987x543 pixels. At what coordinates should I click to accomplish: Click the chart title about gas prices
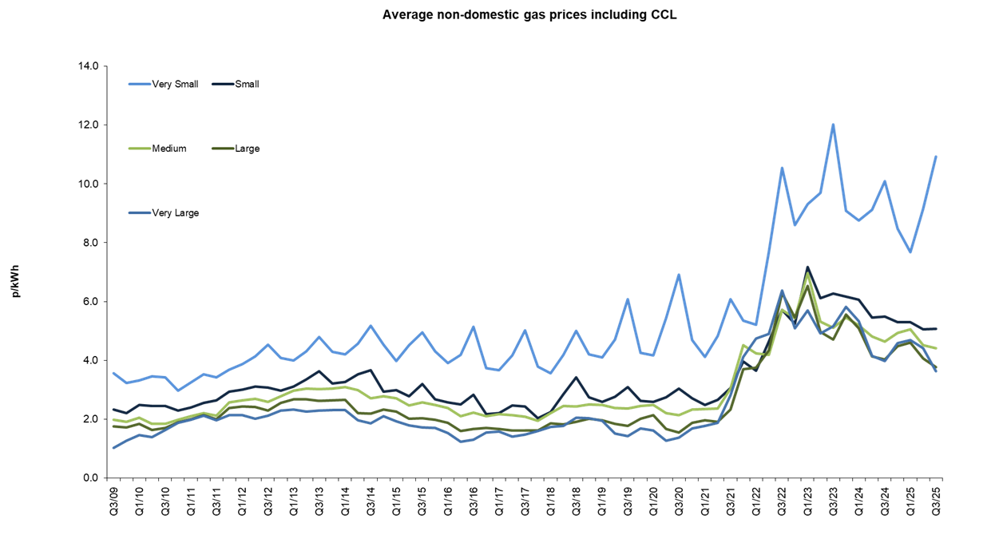(x=529, y=14)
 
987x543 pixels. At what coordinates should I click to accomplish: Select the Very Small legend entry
(x=175, y=84)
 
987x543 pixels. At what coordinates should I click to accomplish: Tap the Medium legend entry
(x=168, y=149)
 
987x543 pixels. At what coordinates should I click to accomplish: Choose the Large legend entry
(x=247, y=149)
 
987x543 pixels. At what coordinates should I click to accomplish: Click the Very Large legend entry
(x=175, y=213)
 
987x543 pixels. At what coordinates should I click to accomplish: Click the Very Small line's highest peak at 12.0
(x=833, y=125)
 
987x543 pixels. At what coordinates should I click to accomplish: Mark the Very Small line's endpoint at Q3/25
(x=936, y=157)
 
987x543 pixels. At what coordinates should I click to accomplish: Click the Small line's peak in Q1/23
(x=808, y=267)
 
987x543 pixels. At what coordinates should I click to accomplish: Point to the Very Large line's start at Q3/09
(x=114, y=448)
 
